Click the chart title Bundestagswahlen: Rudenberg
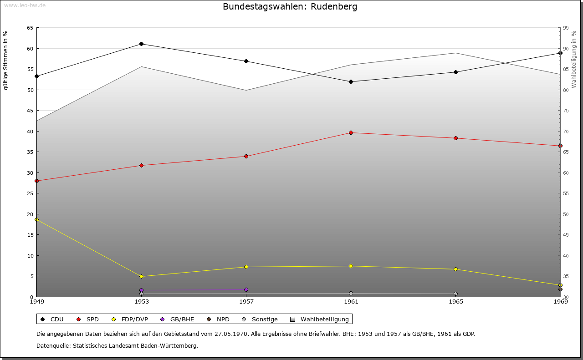click(290, 7)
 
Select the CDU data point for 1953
click(141, 44)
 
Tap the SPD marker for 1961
click(351, 133)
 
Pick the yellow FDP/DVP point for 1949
click(37, 220)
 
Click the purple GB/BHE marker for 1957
click(246, 289)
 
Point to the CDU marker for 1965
click(455, 72)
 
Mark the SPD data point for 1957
click(246, 157)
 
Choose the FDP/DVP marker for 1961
click(351, 266)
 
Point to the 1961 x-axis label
click(351, 301)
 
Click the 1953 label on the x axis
click(141, 301)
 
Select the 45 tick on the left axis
click(30, 111)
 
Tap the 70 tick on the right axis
click(566, 132)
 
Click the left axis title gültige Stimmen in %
click(5, 60)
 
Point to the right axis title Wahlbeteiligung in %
click(574, 59)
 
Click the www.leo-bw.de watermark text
click(24, 5)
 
